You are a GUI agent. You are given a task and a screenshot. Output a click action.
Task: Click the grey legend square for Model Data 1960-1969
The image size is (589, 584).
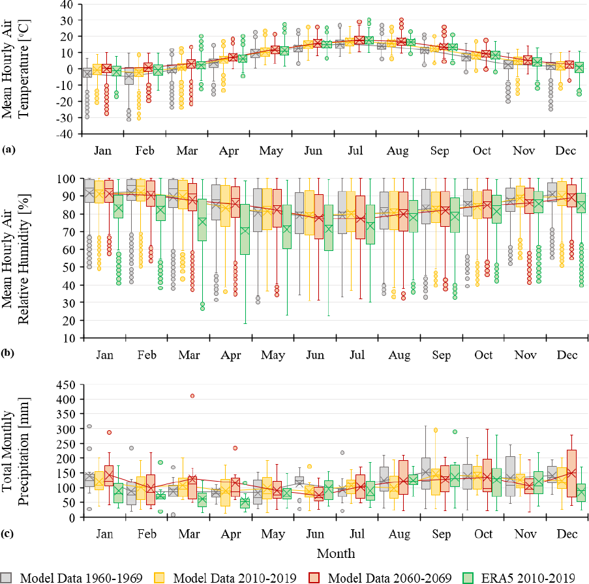[7, 576]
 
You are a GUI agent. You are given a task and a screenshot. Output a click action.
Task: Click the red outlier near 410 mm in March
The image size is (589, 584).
[192, 396]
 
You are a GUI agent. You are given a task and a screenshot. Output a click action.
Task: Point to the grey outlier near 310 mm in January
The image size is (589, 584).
[89, 426]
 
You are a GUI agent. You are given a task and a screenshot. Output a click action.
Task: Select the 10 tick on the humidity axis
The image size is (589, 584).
[67, 338]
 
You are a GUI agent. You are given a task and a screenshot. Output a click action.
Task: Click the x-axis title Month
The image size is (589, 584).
[335, 553]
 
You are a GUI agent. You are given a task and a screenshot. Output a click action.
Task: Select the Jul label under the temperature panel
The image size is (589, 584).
[355, 151]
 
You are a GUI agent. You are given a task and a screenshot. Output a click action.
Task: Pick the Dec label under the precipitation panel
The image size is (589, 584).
[566, 534]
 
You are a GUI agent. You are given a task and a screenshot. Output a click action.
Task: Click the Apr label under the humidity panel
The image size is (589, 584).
[230, 355]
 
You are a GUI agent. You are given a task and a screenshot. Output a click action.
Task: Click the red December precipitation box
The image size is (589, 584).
[571, 474]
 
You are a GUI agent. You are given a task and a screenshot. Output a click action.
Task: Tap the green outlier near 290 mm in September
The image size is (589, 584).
[455, 431]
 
